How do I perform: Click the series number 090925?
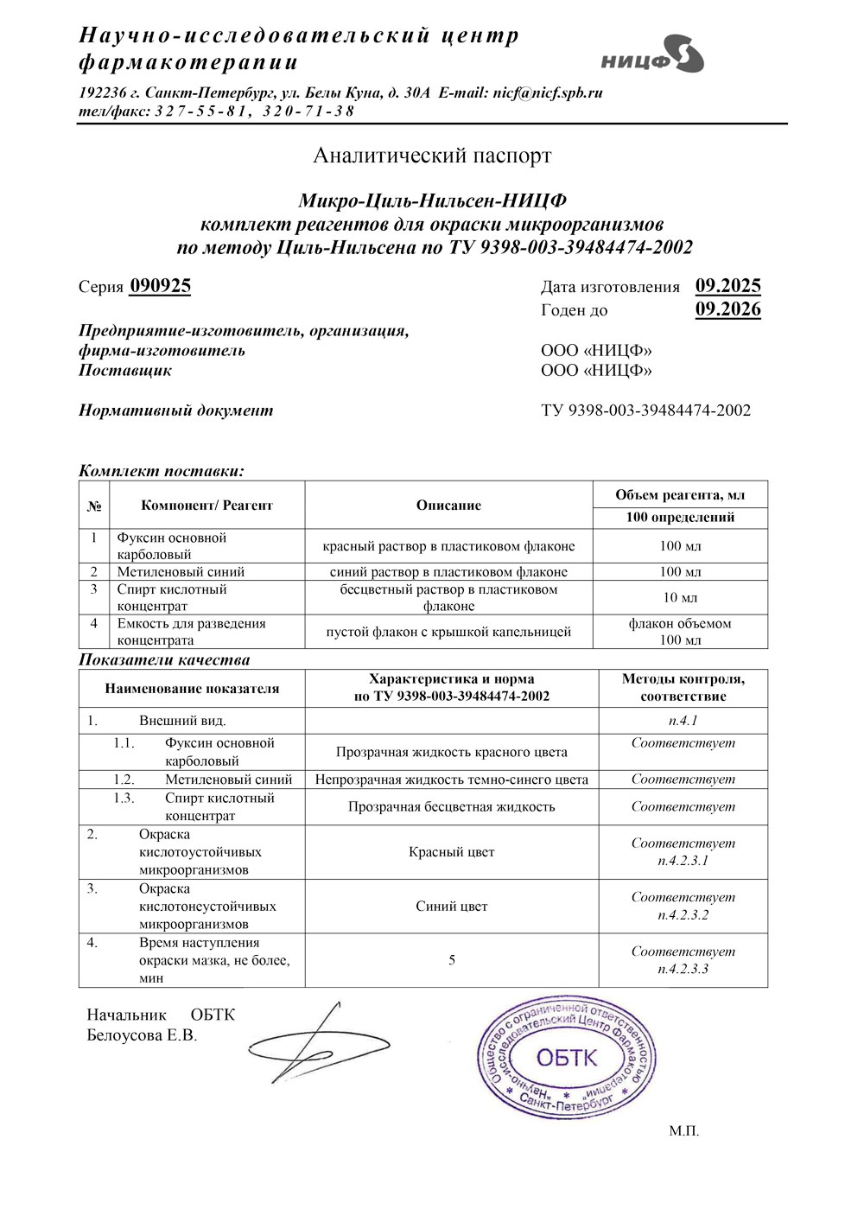pyautogui.click(x=160, y=286)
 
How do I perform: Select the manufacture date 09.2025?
pyautogui.click(x=727, y=286)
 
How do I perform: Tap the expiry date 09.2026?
pyautogui.click(x=727, y=309)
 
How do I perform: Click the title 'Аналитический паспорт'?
pyautogui.click(x=432, y=156)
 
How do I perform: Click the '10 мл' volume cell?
pyautogui.click(x=680, y=598)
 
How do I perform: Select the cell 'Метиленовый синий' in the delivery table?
pyautogui.click(x=181, y=572)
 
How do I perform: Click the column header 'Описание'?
pyautogui.click(x=448, y=506)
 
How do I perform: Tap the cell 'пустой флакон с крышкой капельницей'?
pyautogui.click(x=448, y=632)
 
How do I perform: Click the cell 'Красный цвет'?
pyautogui.click(x=451, y=853)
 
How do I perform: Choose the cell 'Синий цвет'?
pyautogui.click(x=451, y=907)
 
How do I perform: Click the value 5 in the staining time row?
pyautogui.click(x=452, y=960)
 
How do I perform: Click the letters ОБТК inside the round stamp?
pyautogui.click(x=567, y=1057)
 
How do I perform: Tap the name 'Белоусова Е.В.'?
pyautogui.click(x=142, y=1035)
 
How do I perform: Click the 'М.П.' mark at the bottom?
pyautogui.click(x=683, y=1131)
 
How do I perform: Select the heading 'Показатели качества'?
pyautogui.click(x=164, y=660)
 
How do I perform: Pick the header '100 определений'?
pyautogui.click(x=680, y=518)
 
